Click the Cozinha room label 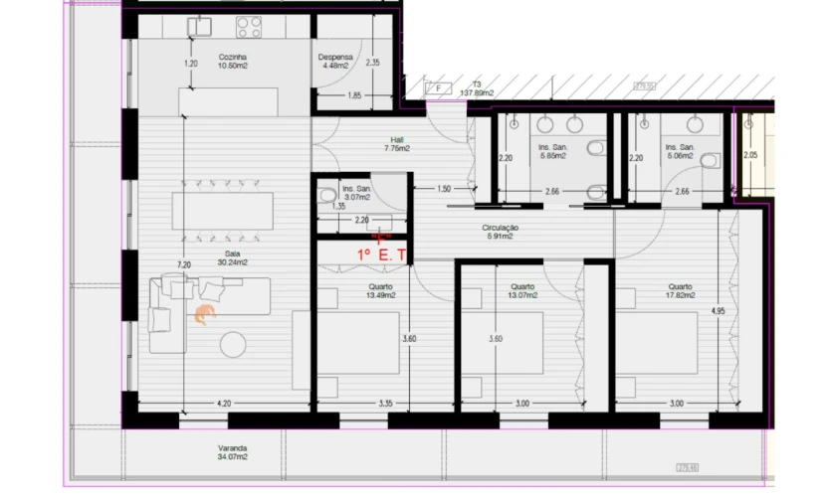coord(233,62)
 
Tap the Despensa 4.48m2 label coord(335,63)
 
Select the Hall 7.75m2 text coord(396,144)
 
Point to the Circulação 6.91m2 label coord(500,232)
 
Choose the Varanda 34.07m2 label coord(233,452)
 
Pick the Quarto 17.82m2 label coord(680,291)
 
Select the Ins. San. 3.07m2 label coord(356,193)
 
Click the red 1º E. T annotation coord(381,254)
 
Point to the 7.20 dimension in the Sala coord(183,265)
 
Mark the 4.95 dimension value coord(718,311)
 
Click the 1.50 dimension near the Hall coord(444,189)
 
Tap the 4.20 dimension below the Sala coord(224,404)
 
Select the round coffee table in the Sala coord(235,344)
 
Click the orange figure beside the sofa coord(204,315)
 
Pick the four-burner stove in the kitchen coord(249,28)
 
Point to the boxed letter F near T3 coord(437,87)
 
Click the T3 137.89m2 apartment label coord(477,87)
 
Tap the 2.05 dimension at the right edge coord(750,155)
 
